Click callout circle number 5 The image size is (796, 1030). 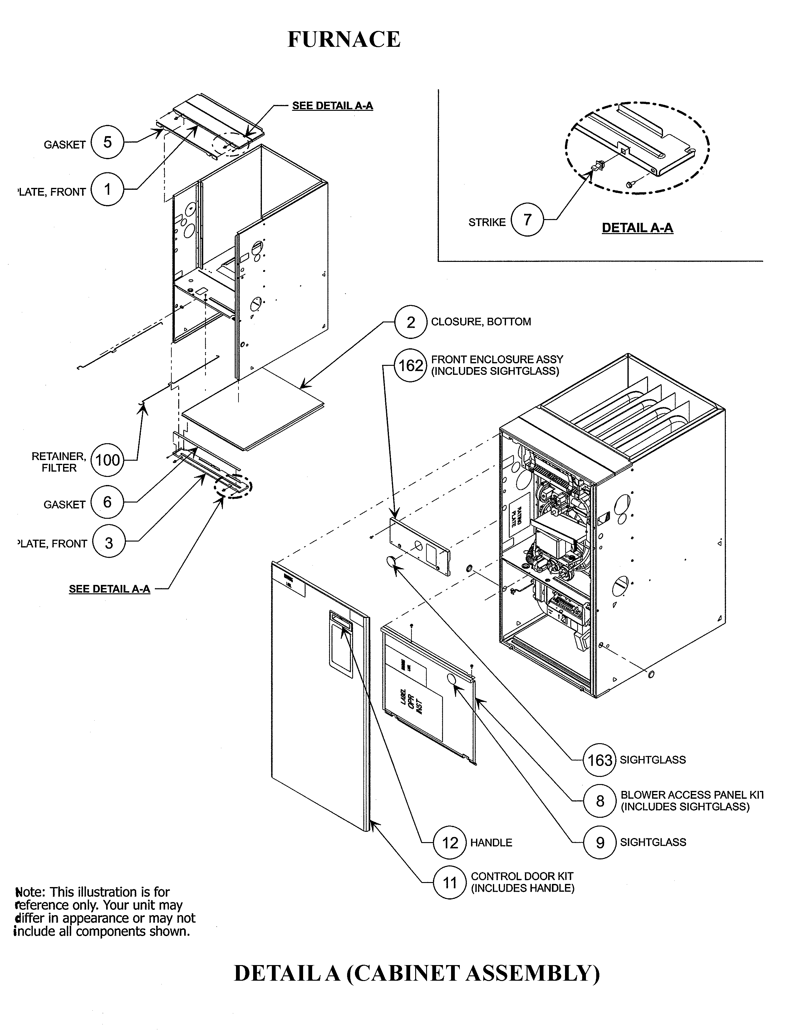(x=107, y=142)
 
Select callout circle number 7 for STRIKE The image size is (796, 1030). (x=527, y=219)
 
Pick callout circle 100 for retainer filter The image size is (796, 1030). (x=107, y=460)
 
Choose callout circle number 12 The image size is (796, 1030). (x=450, y=842)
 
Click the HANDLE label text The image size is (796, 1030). (x=491, y=843)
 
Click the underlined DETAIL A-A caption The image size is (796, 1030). (x=637, y=228)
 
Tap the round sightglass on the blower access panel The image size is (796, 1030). (x=450, y=679)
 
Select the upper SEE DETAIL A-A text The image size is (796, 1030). (x=332, y=105)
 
